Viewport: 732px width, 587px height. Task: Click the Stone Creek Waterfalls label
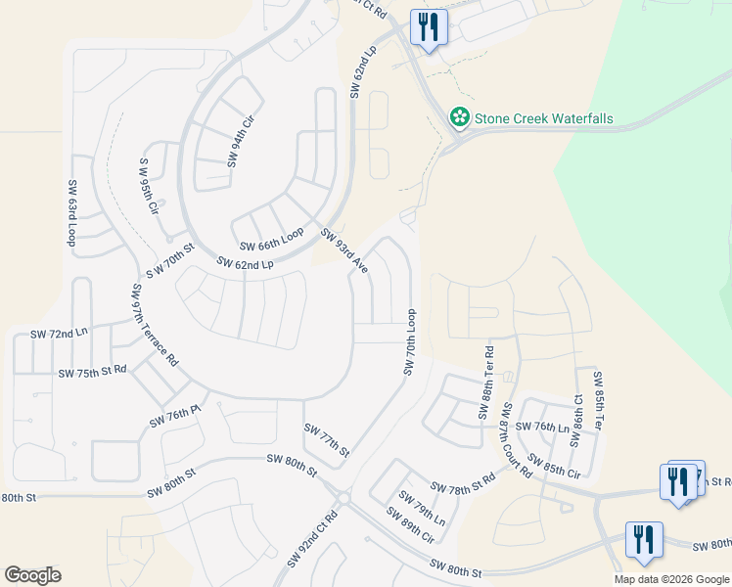click(543, 118)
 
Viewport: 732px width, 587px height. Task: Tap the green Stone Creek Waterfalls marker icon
click(459, 117)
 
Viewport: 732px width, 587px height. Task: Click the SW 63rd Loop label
click(72, 213)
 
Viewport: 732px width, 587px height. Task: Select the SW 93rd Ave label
click(343, 249)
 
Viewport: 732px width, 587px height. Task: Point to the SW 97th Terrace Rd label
click(155, 325)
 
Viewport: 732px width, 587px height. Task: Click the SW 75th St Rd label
click(93, 372)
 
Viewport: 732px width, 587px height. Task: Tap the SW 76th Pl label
click(175, 416)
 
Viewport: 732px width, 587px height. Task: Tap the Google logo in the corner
click(32, 575)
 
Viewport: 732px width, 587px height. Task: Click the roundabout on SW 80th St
click(342, 498)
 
